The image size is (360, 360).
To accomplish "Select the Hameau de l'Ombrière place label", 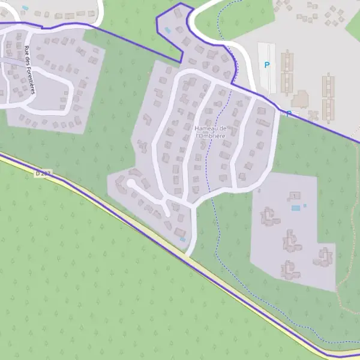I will tap(210, 132).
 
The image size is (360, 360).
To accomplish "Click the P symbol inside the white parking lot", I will tap(267, 65).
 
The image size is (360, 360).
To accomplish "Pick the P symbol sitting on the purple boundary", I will tap(289, 113).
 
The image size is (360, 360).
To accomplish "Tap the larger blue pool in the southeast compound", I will tap(295, 208).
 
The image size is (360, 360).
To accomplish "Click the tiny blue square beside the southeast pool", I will tap(305, 206).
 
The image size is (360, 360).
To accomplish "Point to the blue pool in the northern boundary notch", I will tap(167, 30).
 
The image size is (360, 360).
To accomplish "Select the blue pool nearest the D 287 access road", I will tap(182, 239).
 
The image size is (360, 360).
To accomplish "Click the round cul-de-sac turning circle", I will tap(131, 184).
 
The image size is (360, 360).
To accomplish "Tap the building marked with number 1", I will tap(294, 195).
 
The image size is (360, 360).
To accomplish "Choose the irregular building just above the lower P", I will tap(300, 98).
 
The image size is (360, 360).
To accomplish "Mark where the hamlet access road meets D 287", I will tap(187, 255).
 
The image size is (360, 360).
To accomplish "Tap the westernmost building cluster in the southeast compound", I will tap(268, 217).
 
